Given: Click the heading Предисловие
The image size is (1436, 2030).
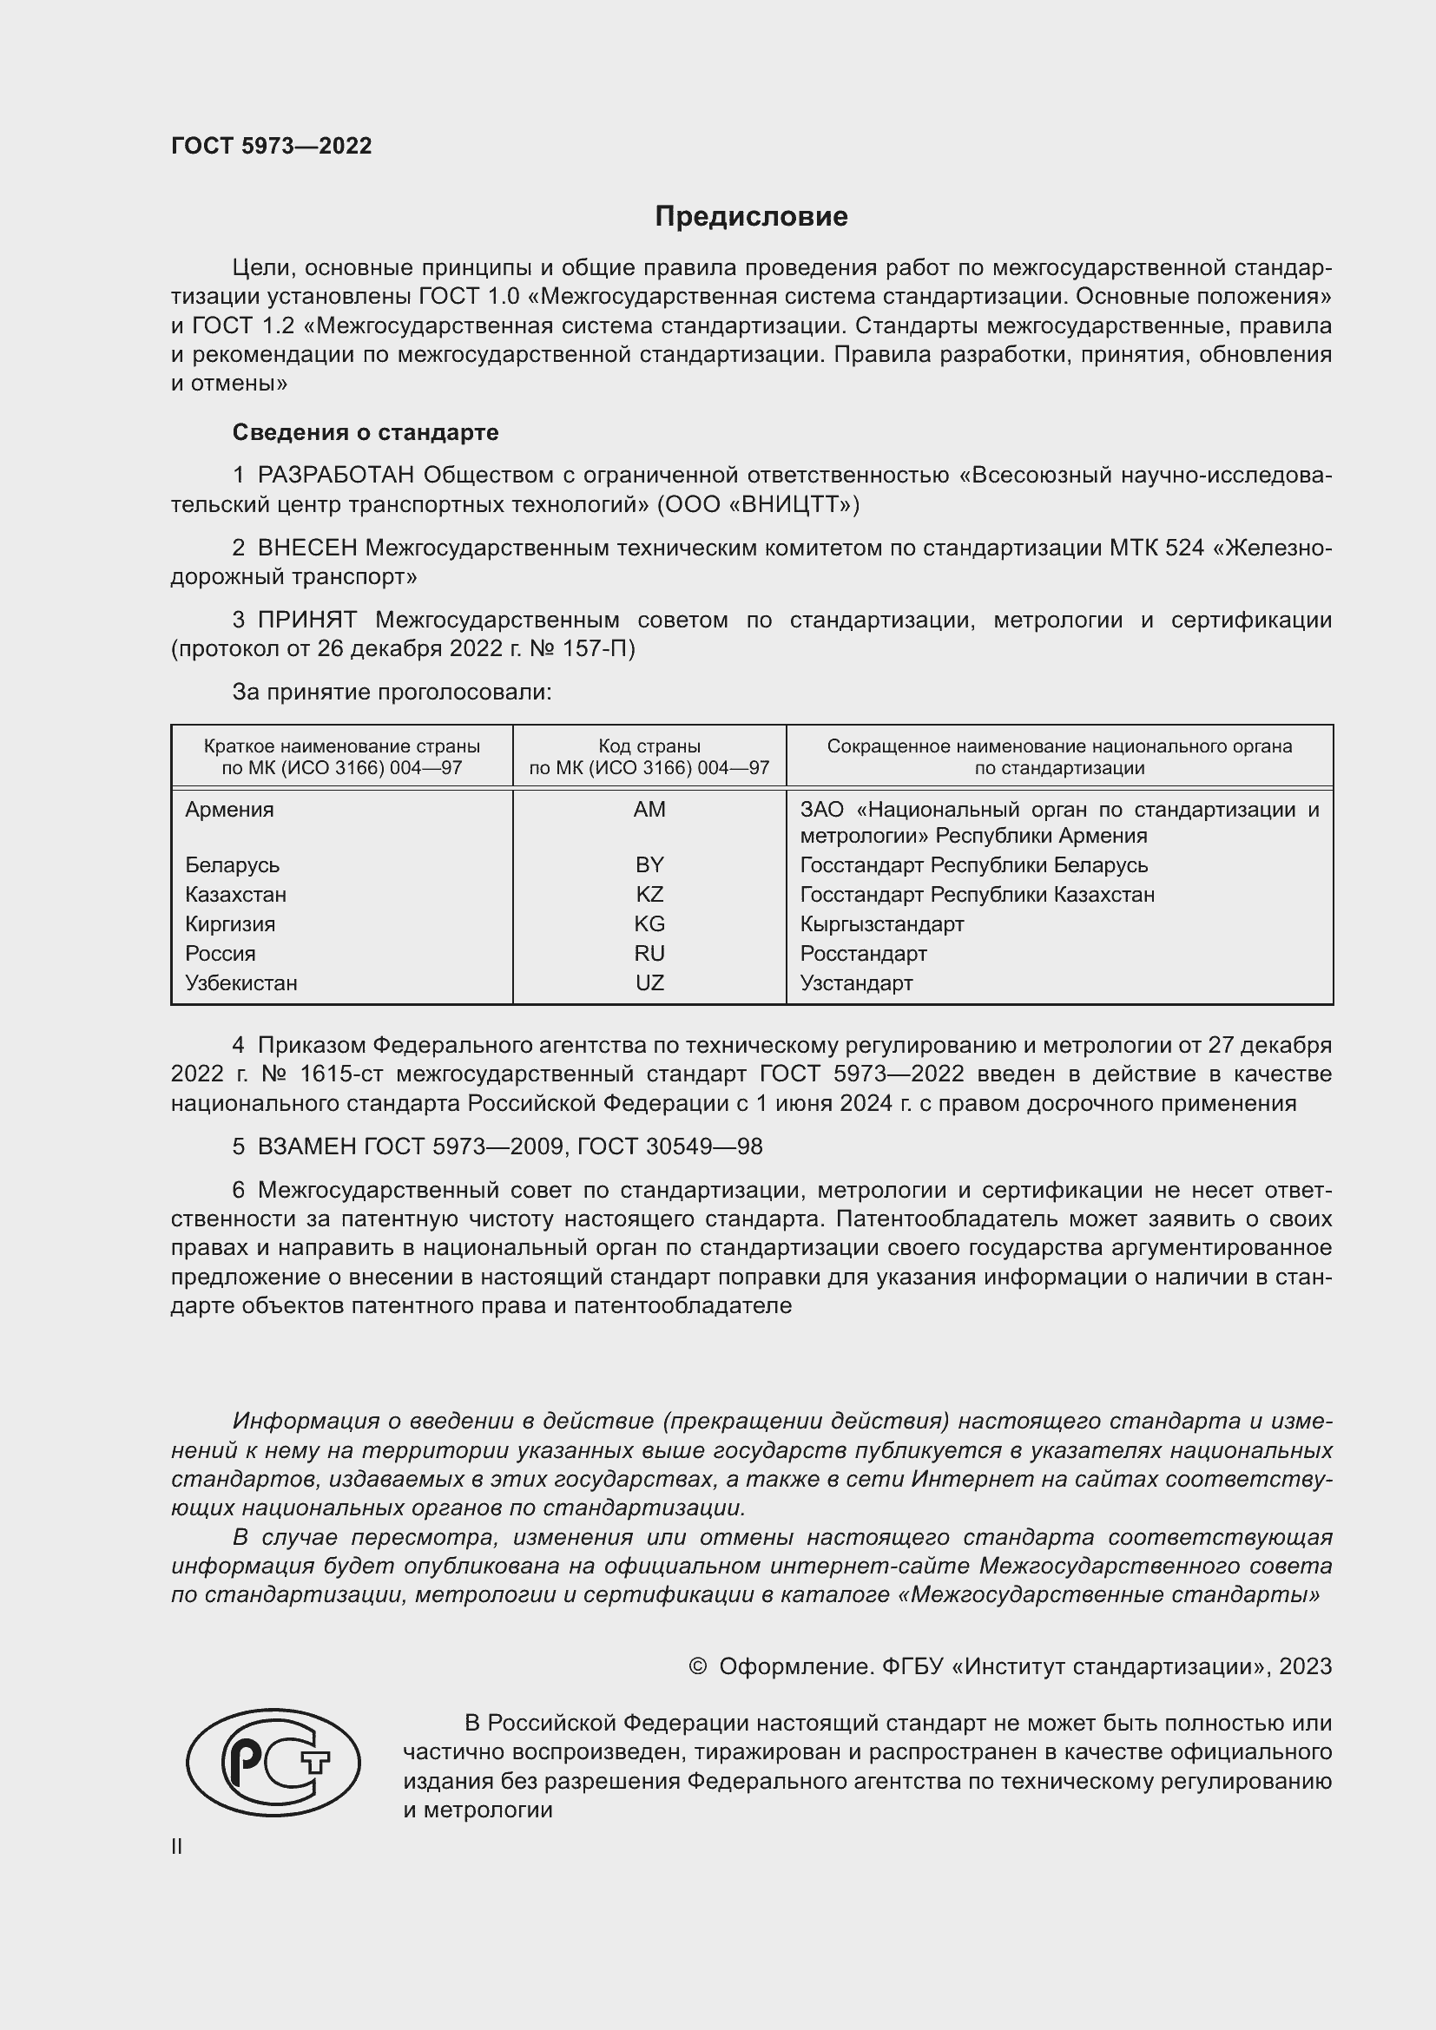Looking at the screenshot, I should point(751,217).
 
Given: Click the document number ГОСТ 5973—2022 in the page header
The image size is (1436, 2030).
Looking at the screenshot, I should point(272,146).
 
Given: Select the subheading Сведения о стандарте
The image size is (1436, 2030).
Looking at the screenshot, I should point(366,432).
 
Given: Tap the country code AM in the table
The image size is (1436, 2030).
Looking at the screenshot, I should point(649,809).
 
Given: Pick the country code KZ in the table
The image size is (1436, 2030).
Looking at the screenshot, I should point(649,894).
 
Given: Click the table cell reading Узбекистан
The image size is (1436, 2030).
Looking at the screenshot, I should point(240,982).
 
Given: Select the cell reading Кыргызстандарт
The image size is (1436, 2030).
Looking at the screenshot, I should point(881,924).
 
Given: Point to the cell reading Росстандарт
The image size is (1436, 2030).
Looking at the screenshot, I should point(863,953).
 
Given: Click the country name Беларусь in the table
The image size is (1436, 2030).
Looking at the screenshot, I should point(232,864).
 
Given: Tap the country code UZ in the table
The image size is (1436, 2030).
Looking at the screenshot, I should point(649,982).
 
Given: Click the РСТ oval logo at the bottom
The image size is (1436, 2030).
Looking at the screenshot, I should point(273,1762).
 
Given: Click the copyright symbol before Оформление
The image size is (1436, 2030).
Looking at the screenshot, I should point(697,1666).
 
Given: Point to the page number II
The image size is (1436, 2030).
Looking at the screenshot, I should point(177,1846).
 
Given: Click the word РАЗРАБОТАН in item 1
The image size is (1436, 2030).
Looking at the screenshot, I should point(335,475).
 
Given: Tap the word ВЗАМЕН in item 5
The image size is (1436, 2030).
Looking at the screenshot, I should point(306,1146).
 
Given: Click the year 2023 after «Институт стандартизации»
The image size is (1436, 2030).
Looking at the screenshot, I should point(1304,1666).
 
